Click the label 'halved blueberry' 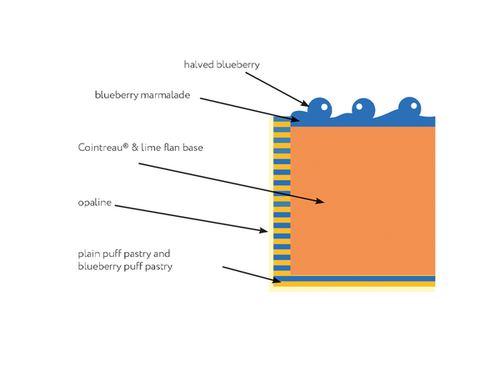[222, 65]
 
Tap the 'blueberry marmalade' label [142, 95]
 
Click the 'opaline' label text [95, 203]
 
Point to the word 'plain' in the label [88, 254]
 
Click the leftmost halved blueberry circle [319, 108]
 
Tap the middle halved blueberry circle [363, 108]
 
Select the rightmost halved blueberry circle [410, 108]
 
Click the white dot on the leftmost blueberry [324, 107]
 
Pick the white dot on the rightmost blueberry [414, 106]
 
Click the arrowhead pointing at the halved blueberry [305, 103]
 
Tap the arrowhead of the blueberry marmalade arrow [295, 119]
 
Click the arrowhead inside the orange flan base [320, 201]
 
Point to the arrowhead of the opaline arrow [263, 230]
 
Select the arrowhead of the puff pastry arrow [277, 280]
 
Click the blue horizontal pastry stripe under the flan [354, 279]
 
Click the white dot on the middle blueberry [359, 107]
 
